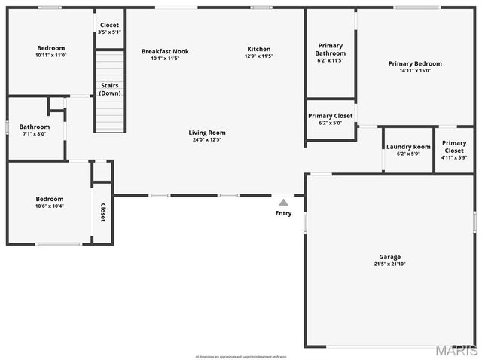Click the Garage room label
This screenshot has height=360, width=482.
(389, 257)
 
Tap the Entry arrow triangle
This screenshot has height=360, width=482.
(283, 202)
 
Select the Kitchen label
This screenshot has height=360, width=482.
(258, 50)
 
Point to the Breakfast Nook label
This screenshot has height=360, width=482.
(165, 51)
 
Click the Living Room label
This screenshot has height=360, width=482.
(207, 133)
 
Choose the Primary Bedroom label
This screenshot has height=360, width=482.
(415, 63)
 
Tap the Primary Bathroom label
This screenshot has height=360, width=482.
(331, 50)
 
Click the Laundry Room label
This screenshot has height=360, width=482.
(408, 147)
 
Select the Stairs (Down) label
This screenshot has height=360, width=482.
(110, 89)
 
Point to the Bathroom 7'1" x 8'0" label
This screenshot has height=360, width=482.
(35, 127)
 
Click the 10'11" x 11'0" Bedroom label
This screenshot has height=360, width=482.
(50, 48)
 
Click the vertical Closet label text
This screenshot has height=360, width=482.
(102, 212)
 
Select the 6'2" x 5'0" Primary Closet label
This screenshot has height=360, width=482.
(330, 116)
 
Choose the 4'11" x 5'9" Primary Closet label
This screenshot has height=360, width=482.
(454, 146)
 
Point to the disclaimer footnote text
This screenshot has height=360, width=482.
(241, 356)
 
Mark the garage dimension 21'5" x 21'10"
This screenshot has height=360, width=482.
(389, 264)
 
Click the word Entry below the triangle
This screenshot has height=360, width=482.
(283, 213)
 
